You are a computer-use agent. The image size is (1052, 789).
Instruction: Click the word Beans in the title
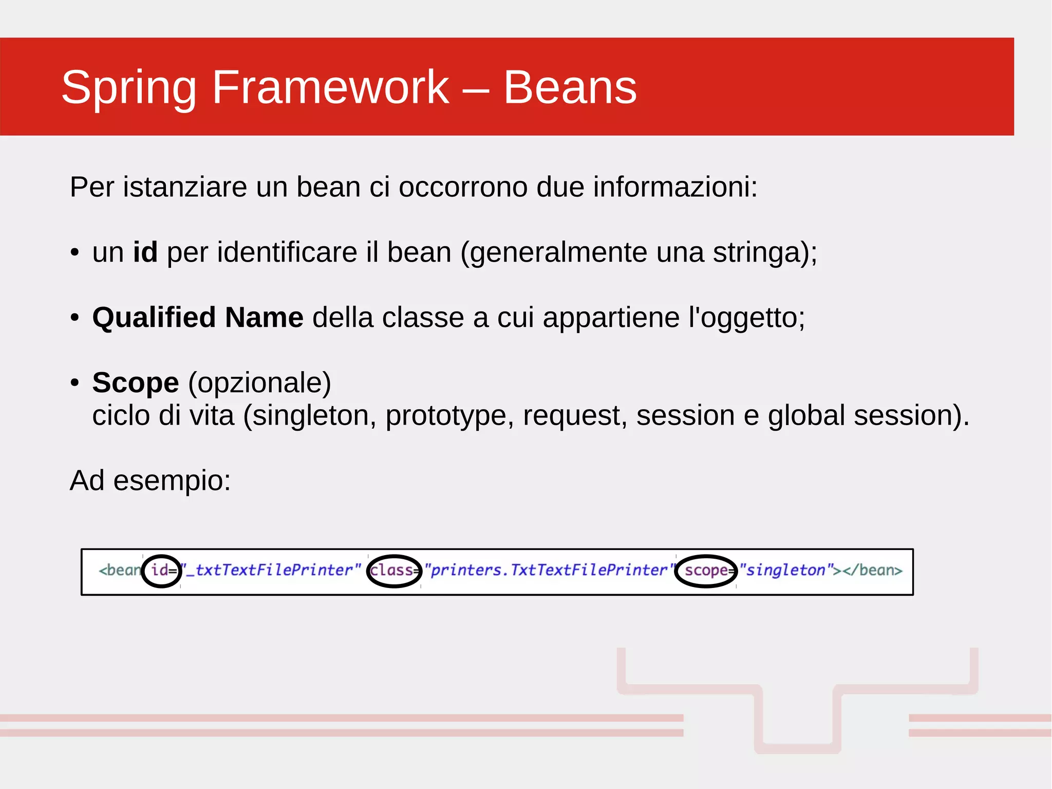(570, 87)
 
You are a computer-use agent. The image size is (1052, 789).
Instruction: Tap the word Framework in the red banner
(330, 87)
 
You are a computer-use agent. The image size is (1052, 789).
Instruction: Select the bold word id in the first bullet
(145, 252)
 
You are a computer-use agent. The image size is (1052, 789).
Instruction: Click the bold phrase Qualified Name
(198, 317)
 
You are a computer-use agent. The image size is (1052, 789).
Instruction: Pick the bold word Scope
(136, 382)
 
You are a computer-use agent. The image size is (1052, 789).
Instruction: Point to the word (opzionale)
(259, 383)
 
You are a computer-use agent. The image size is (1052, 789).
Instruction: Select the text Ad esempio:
(150, 481)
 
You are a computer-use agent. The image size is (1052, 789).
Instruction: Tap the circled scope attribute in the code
(706, 571)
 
